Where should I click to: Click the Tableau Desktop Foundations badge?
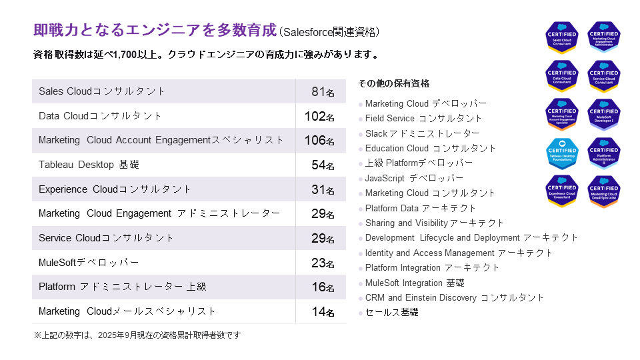[x=561, y=153]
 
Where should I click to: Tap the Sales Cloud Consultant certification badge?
[x=561, y=38]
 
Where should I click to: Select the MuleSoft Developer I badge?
[x=604, y=115]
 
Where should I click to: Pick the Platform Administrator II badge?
[x=604, y=153]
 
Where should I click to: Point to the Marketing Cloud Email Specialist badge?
[x=604, y=191]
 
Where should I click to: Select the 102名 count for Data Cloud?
[x=319, y=116]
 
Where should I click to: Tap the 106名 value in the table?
[x=319, y=141]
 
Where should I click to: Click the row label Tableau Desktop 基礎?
[x=89, y=165]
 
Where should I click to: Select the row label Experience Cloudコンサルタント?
[x=115, y=189]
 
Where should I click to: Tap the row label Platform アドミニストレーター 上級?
[x=123, y=287]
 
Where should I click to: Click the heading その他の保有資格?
[x=393, y=83]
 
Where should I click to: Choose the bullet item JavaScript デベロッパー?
[x=414, y=178]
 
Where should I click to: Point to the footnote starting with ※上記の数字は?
[x=137, y=335]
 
